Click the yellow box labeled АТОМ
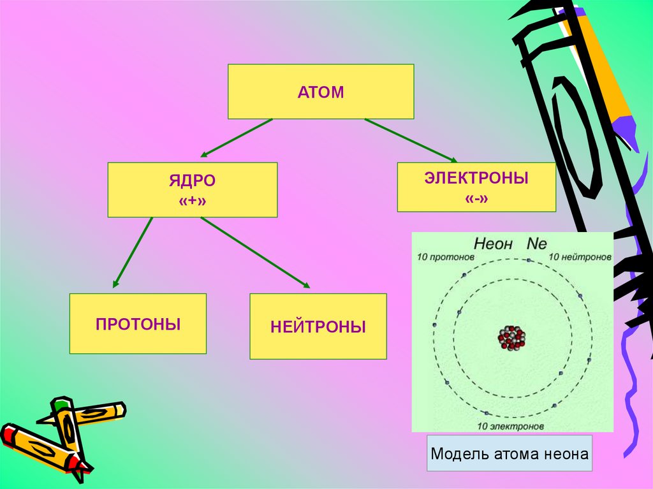click(x=321, y=91)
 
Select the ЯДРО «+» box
click(x=192, y=189)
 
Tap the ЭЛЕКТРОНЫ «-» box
click(x=476, y=187)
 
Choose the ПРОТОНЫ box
click(x=138, y=323)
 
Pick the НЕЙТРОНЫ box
click(x=318, y=326)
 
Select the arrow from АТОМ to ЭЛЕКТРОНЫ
click(x=411, y=140)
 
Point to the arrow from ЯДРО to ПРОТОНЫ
click(x=133, y=252)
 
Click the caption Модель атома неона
click(x=509, y=454)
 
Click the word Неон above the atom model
click(x=495, y=244)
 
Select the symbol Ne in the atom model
click(x=537, y=244)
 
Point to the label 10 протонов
click(x=446, y=258)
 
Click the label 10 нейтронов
click(x=580, y=258)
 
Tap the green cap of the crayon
click(x=61, y=404)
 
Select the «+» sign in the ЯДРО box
click(x=192, y=200)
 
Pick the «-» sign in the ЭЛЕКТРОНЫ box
click(x=476, y=198)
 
